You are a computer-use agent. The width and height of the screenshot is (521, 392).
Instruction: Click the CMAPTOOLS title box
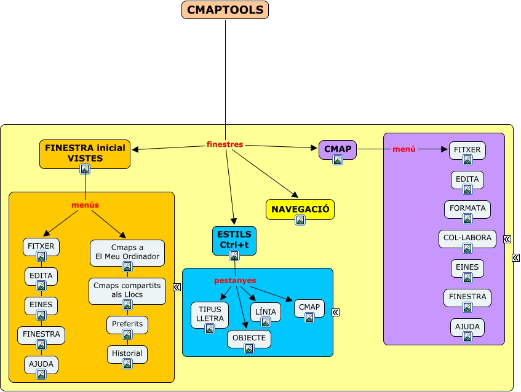225,10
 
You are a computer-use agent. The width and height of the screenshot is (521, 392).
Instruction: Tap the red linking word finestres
225,144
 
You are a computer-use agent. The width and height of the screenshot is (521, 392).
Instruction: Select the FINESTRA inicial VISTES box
85,153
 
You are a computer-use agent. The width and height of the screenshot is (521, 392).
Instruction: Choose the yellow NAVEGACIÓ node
300,209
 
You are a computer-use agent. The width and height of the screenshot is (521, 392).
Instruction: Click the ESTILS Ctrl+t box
234,240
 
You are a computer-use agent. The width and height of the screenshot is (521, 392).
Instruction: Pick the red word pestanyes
235,280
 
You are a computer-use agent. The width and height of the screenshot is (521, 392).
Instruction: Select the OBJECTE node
249,338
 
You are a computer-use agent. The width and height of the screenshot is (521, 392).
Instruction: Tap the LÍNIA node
266,312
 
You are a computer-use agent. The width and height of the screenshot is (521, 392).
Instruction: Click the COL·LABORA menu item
467,238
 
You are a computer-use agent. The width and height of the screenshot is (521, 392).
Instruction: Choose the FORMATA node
467,208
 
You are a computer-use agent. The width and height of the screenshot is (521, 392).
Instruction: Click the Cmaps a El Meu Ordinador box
127,252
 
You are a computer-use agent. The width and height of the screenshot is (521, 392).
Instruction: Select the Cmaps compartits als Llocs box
127,290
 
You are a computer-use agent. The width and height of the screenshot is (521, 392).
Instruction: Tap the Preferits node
127,324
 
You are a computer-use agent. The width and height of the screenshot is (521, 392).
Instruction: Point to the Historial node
127,353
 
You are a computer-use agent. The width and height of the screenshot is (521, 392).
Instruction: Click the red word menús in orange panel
85,205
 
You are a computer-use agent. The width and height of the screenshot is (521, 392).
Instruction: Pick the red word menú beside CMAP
404,149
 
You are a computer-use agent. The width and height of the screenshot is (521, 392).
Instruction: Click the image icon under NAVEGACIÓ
300,221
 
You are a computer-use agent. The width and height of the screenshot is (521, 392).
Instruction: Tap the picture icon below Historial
127,364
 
